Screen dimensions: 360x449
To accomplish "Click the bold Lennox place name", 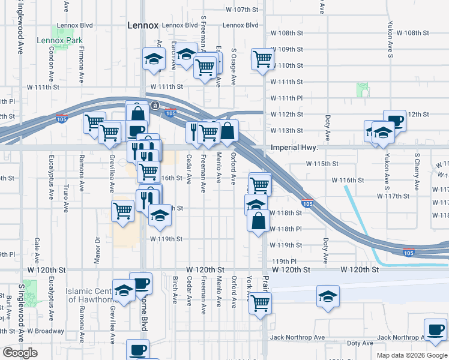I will [x=143, y=25].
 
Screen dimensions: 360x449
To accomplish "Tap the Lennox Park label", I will [x=59, y=41].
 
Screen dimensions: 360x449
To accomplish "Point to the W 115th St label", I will [x=322, y=163].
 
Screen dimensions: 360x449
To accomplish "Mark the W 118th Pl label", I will [x=285, y=229].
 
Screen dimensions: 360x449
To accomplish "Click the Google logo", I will [x=20, y=353].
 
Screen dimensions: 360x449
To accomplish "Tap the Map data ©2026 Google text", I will [x=412, y=355].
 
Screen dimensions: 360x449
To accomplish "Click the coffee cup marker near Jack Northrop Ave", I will [x=435, y=329].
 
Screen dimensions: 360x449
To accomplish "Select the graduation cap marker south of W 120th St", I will [x=328, y=297].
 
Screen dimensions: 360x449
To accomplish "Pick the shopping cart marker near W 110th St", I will [x=262, y=59].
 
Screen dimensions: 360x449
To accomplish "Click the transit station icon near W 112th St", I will [x=155, y=106].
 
